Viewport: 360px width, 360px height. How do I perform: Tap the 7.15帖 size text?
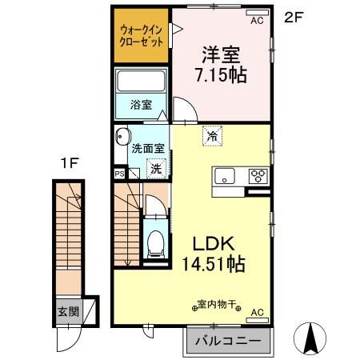click(x=221, y=75)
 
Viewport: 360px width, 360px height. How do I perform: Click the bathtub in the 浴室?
click(x=141, y=82)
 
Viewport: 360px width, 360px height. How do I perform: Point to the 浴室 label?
click(x=141, y=104)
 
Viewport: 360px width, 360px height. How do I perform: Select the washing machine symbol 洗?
click(x=155, y=168)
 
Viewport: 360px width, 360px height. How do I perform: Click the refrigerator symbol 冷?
click(x=212, y=137)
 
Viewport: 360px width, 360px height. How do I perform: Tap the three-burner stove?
click(x=258, y=176)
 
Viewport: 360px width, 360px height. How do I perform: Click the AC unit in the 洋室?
click(x=256, y=20)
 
